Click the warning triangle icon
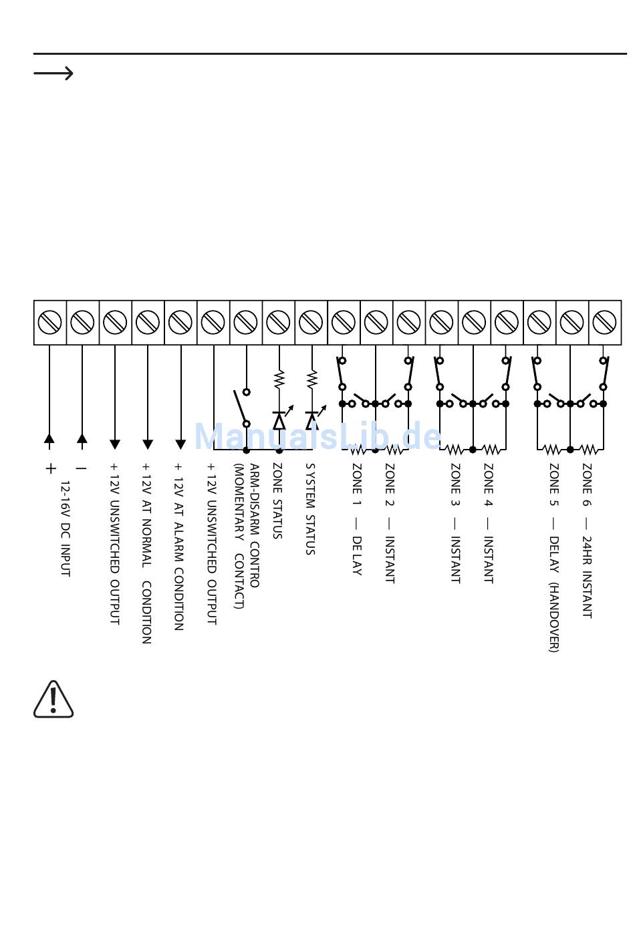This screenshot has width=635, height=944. pyautogui.click(x=53, y=700)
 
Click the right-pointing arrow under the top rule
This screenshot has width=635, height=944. pyautogui.click(x=53, y=73)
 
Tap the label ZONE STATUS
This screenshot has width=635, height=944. pyautogui.click(x=277, y=500)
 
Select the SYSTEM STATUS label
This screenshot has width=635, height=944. pyautogui.click(x=310, y=508)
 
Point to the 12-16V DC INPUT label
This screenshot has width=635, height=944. pyautogui.click(x=66, y=528)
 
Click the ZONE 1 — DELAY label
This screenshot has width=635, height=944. pyautogui.click(x=357, y=519)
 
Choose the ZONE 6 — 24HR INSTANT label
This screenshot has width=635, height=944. pyautogui.click(x=587, y=540)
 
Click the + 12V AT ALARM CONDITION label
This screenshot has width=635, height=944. pyautogui.click(x=178, y=546)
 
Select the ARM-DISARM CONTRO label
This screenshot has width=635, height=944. pyautogui.click(x=255, y=525)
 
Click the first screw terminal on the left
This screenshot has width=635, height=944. pyautogui.click(x=49, y=323)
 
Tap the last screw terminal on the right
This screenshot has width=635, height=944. pyautogui.click(x=604, y=323)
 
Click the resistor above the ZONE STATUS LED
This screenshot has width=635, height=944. pyautogui.click(x=279, y=379)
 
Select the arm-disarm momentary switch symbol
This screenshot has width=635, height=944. pyautogui.click(x=241, y=408)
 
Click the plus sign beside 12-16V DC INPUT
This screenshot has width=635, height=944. pyautogui.click(x=51, y=468)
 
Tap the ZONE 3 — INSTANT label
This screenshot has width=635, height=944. pyautogui.click(x=455, y=523)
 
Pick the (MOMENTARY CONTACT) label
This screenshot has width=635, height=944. pyautogui.click(x=239, y=536)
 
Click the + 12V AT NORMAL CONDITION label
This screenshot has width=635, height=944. pyautogui.click(x=146, y=553)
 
